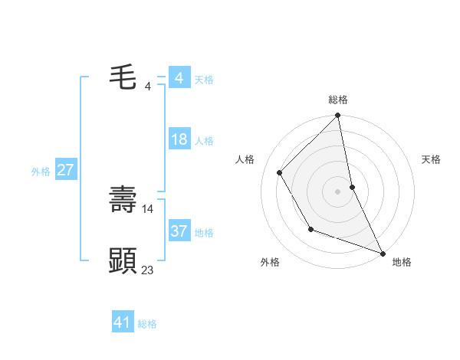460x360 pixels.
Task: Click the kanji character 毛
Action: point(123,78)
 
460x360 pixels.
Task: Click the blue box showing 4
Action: point(179,78)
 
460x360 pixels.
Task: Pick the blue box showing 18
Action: point(179,140)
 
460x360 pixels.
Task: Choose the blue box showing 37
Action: point(179,231)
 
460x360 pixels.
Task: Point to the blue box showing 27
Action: point(65,170)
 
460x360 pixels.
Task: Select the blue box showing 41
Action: point(123,322)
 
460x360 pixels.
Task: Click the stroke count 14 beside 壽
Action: point(148,208)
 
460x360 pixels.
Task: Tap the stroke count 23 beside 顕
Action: point(148,270)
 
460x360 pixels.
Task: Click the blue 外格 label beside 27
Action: point(41,172)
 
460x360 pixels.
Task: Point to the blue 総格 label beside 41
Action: point(147,324)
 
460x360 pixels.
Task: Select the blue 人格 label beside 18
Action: point(204,142)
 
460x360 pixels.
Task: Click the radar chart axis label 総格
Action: point(338,100)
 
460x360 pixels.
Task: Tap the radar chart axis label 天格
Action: point(432,159)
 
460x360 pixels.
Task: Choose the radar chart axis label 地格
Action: point(402,262)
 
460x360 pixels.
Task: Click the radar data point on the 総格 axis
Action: point(338,116)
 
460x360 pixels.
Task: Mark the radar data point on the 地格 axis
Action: point(382,253)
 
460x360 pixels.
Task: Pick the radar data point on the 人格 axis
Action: point(280,172)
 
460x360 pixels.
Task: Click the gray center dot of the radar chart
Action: point(338,191)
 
